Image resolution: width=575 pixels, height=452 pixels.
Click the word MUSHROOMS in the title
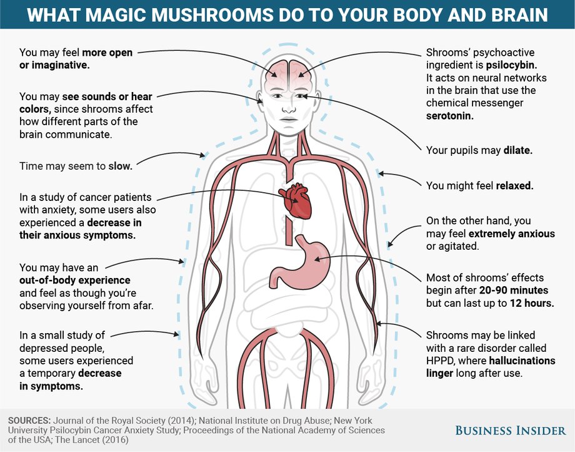point(212,14)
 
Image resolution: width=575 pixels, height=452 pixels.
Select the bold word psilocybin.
point(511,65)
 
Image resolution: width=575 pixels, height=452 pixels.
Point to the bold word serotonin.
point(449,116)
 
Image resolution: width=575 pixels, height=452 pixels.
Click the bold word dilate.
point(517,150)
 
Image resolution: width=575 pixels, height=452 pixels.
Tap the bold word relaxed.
point(514,185)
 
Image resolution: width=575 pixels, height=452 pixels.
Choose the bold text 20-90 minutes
point(513,290)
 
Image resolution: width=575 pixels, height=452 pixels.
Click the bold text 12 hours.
point(532,303)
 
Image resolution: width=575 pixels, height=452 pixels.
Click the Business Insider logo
point(511,430)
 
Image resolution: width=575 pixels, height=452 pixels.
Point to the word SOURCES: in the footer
point(29,421)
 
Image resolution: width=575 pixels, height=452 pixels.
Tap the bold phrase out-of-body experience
point(75,280)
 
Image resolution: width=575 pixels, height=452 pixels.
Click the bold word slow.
point(120,166)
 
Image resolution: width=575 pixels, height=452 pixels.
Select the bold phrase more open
point(107,53)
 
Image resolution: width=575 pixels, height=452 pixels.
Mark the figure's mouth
point(289,120)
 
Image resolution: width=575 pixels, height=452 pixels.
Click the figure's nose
point(289,108)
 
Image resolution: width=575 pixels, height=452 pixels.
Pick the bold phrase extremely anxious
point(511,234)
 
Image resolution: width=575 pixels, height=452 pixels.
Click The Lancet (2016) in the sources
point(92,439)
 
